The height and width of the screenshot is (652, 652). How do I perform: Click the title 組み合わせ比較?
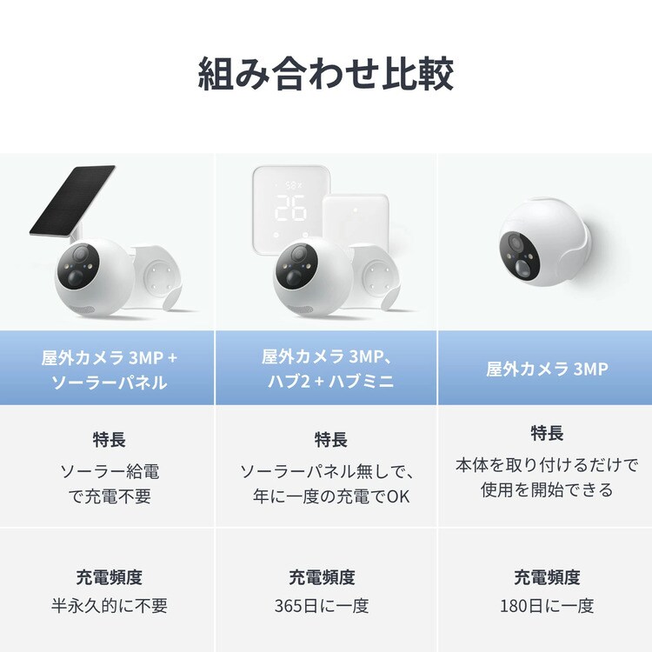(326, 75)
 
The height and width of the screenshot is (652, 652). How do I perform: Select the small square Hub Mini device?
(354, 224)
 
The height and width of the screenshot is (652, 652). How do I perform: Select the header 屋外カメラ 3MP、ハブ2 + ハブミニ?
(325, 369)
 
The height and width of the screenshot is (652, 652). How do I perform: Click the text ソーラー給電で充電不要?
(109, 484)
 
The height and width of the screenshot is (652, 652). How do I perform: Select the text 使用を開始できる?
(547, 489)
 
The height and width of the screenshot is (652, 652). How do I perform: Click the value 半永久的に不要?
(109, 605)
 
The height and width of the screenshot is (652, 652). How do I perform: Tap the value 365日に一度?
(325, 605)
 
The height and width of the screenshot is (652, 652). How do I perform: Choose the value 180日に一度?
(547, 605)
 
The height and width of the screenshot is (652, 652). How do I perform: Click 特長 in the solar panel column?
(109, 440)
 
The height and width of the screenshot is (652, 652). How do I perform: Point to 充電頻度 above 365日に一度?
(325, 576)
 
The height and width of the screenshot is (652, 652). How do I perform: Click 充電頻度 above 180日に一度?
(547, 576)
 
